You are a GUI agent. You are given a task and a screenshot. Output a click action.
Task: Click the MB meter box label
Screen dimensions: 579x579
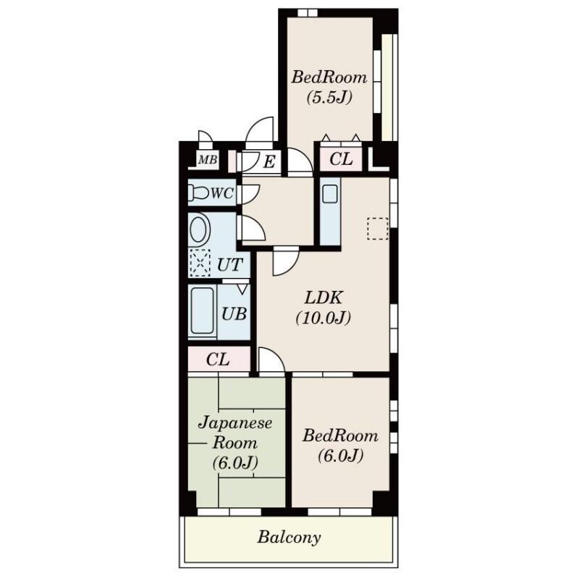tap(208, 160)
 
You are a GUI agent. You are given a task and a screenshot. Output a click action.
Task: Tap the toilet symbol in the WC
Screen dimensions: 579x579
tap(198, 193)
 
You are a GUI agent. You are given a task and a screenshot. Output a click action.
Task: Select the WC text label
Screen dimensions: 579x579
tap(222, 193)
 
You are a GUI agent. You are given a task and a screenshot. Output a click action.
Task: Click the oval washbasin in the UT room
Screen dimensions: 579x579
tap(200, 229)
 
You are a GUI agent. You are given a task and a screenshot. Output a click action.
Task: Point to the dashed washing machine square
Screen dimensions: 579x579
tap(200, 263)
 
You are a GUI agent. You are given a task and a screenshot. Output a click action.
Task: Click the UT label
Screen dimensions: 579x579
tap(229, 265)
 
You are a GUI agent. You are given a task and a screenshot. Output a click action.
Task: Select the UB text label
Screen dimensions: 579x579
tap(234, 314)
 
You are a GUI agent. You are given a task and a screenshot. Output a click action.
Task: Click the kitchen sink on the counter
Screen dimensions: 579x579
tap(330, 193)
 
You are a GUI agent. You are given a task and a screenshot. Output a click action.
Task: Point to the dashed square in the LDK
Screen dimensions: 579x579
tap(378, 229)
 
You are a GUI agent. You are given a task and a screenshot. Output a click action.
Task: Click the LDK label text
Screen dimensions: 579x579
tap(324, 297)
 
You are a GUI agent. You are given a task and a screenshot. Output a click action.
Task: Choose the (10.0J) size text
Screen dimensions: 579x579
tap(323, 318)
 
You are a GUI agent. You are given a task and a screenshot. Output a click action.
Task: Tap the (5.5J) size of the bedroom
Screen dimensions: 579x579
tap(329, 98)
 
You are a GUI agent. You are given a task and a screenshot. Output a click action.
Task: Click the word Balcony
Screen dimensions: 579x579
tap(289, 537)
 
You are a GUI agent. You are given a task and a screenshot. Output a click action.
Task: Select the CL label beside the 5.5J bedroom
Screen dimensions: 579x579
tap(341, 159)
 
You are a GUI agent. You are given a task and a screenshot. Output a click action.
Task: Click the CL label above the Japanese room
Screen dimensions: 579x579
tap(218, 359)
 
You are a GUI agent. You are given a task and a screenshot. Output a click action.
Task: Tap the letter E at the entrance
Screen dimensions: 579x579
tap(269, 161)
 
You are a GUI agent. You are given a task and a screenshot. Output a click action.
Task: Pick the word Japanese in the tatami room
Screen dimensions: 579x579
tap(235, 423)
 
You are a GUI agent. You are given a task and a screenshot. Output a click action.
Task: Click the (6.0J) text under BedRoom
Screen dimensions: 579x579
tap(340, 456)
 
